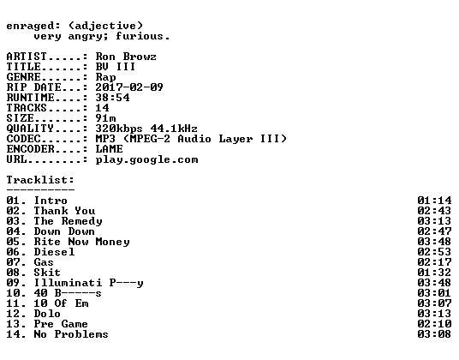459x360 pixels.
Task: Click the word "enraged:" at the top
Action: [x=33, y=27]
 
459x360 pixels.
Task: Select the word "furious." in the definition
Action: [x=142, y=36]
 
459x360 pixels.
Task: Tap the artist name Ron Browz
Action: [x=126, y=57]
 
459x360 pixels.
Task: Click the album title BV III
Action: [x=116, y=67]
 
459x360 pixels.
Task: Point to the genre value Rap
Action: [x=105, y=77]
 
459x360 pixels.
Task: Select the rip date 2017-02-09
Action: [x=129, y=87]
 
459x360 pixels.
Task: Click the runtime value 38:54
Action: [x=112, y=98]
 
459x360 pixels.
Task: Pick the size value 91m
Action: [x=105, y=118]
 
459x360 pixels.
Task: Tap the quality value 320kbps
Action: [x=119, y=129]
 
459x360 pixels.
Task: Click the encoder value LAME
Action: [x=110, y=149]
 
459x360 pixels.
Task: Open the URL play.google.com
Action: [x=146, y=160]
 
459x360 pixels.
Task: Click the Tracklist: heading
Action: [x=40, y=180]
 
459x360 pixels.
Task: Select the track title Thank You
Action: [x=64, y=211]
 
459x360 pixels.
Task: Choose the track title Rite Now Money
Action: [x=81, y=242]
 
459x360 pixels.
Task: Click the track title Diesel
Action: [x=54, y=252]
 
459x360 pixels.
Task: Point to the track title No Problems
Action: [x=71, y=334]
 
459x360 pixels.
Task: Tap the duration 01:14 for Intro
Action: [x=434, y=201]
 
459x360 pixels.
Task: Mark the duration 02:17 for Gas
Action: [x=434, y=262]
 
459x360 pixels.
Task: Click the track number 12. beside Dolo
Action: [x=16, y=314]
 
